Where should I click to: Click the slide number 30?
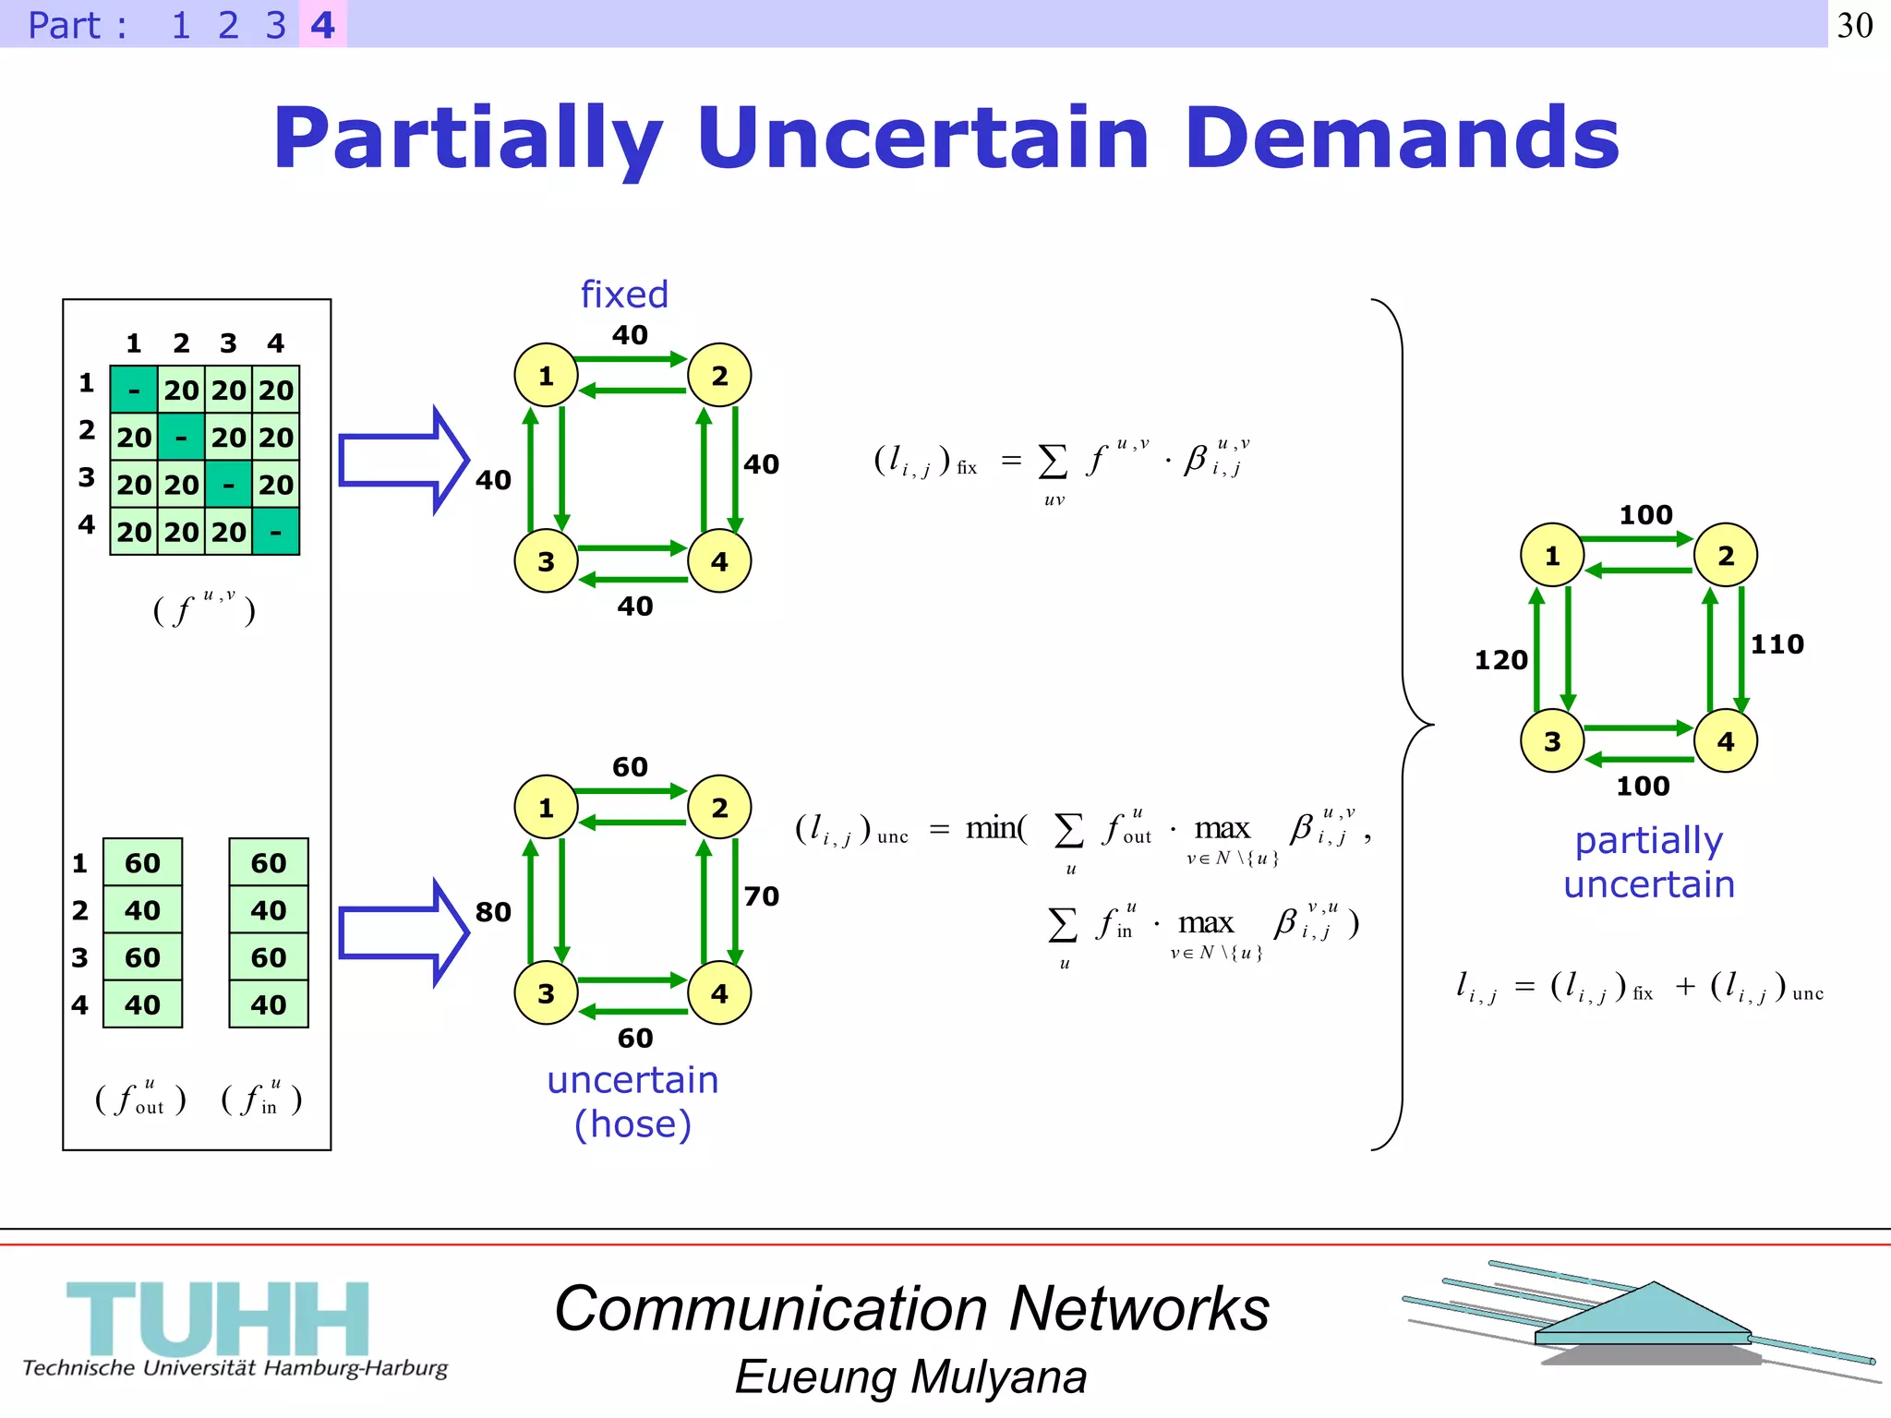click(1855, 25)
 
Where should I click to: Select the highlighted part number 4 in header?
click(322, 25)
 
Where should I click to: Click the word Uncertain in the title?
click(924, 138)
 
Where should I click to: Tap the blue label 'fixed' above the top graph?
click(624, 294)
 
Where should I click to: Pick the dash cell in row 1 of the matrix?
click(134, 390)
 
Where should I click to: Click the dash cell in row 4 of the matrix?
click(275, 532)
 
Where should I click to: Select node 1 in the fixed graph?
click(546, 376)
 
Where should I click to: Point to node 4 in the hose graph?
click(719, 993)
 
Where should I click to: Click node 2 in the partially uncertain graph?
click(1725, 556)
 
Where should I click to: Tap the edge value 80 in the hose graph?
click(493, 912)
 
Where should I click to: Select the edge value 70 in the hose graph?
click(762, 896)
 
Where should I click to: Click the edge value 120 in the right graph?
click(1500, 660)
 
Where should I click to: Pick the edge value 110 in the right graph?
click(1777, 644)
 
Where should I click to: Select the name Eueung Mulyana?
click(910, 1377)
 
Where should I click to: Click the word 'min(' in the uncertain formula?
click(995, 828)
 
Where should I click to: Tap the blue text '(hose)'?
click(632, 1124)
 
